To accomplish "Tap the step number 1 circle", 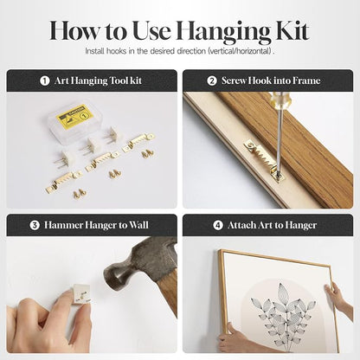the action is (44, 80).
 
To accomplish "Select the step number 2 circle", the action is (212, 80).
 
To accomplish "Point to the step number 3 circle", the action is (35, 225).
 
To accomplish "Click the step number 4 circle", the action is (218, 225).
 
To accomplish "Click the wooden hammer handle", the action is (169, 292).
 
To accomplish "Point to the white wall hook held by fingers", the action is (81, 293).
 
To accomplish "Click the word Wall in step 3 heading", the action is (138, 225).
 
